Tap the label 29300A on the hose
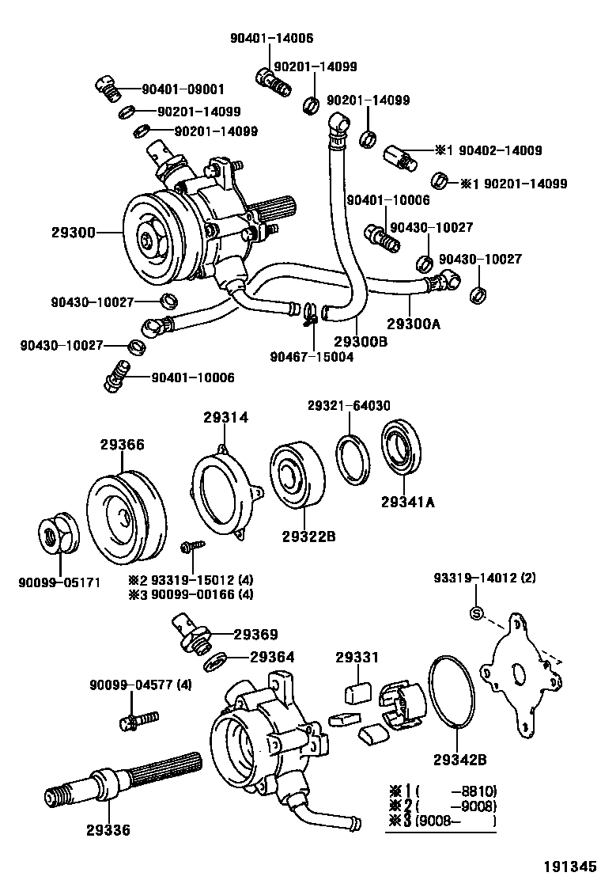click(x=414, y=323)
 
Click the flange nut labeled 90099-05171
click(x=56, y=538)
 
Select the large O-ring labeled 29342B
click(x=454, y=691)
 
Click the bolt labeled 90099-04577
click(x=137, y=720)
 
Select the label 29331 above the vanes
click(x=357, y=657)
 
